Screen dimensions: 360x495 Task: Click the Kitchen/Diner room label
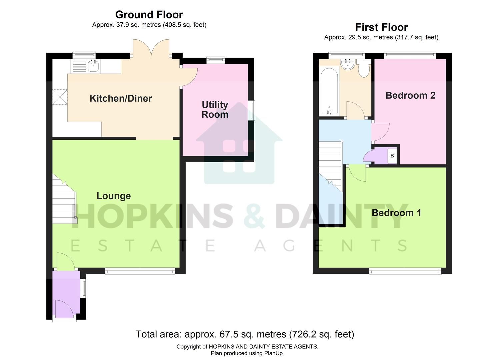(x=121, y=98)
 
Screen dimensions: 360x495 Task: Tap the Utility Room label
(x=215, y=110)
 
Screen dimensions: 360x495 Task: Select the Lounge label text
(x=113, y=196)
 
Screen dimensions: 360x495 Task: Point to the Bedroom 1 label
(x=396, y=213)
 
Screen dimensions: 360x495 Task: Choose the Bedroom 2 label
(x=410, y=95)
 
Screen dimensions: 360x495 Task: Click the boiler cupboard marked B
(x=392, y=156)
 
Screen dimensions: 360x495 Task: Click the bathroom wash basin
(x=348, y=64)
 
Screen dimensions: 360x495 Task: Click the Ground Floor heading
(x=149, y=15)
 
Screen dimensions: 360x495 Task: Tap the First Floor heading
(x=381, y=27)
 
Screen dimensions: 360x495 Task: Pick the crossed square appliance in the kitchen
(x=60, y=97)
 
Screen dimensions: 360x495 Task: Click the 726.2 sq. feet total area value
(x=321, y=334)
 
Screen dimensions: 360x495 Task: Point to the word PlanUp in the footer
(x=274, y=353)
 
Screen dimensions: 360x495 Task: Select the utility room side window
(x=252, y=110)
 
